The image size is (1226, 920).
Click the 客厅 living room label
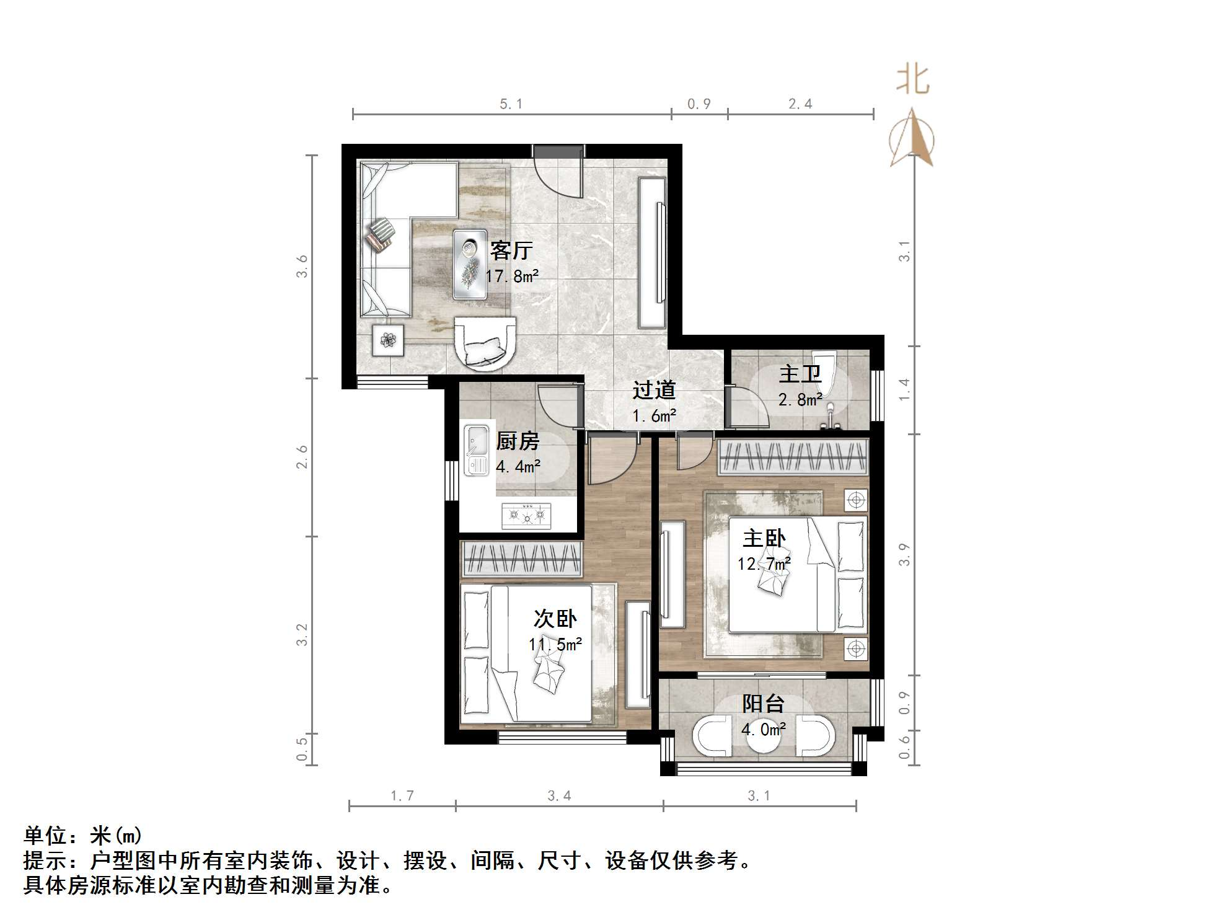[511, 250]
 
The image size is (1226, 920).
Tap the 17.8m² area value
[511, 276]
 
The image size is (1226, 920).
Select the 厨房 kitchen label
[518, 441]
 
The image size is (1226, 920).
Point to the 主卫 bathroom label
[800, 374]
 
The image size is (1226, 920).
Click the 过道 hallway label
[654, 390]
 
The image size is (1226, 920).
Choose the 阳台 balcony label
[764, 704]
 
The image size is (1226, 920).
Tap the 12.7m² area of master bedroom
[764, 564]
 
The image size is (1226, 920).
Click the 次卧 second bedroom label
[555, 619]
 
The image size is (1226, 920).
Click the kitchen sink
[476, 450]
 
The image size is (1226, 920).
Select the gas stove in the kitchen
[527, 515]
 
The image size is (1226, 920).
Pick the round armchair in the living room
[485, 344]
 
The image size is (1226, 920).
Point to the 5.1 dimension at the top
[511, 104]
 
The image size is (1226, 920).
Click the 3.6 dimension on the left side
[302, 267]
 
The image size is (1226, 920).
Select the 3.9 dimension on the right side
[904, 554]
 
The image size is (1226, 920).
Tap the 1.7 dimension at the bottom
[402, 796]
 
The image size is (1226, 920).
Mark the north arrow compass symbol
[912, 139]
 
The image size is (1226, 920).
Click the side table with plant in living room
[388, 340]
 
